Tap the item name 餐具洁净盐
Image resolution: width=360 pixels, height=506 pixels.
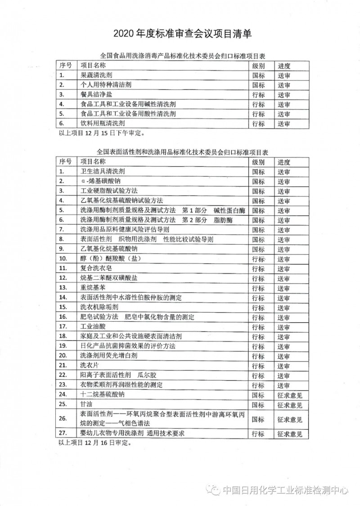96,94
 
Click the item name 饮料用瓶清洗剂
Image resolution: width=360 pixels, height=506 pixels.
103,123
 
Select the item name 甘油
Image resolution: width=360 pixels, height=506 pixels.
86,405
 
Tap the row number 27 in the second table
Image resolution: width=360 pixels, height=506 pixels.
63,434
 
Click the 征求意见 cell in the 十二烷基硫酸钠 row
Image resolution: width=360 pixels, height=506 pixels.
290,395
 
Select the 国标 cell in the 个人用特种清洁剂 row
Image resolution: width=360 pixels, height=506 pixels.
258,85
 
